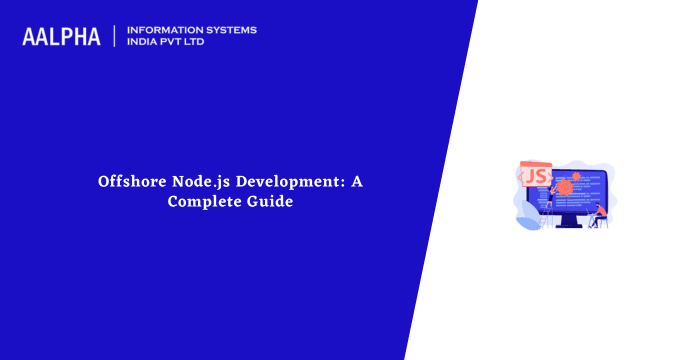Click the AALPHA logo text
point(61,37)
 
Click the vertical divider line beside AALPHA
point(115,37)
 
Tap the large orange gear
point(567,187)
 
